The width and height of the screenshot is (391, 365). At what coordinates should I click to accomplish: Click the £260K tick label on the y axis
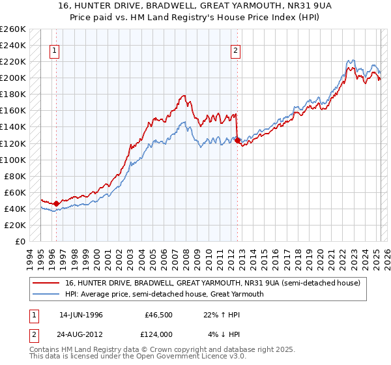pos(13,29)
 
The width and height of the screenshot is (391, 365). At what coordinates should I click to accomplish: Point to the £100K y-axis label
pos(13,160)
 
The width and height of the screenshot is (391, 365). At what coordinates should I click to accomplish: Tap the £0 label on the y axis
pos(20,241)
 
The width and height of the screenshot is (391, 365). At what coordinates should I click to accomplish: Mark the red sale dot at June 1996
pos(57,203)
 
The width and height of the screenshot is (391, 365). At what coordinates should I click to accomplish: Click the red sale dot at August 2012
pos(237,140)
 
